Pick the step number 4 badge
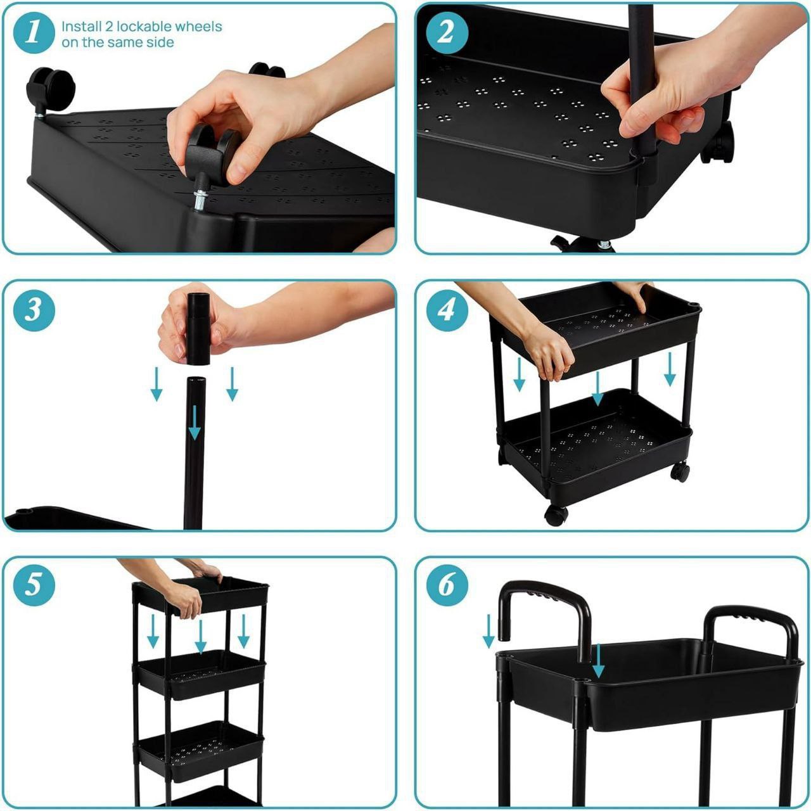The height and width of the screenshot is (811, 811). click(x=447, y=310)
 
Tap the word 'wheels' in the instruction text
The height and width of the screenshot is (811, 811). click(x=200, y=27)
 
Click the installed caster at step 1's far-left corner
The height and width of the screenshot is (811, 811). click(x=51, y=89)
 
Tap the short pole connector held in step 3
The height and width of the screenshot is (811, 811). click(x=198, y=328)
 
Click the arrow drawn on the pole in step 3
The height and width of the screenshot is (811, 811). click(x=195, y=422)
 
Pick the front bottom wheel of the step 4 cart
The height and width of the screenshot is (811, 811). click(x=556, y=515)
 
